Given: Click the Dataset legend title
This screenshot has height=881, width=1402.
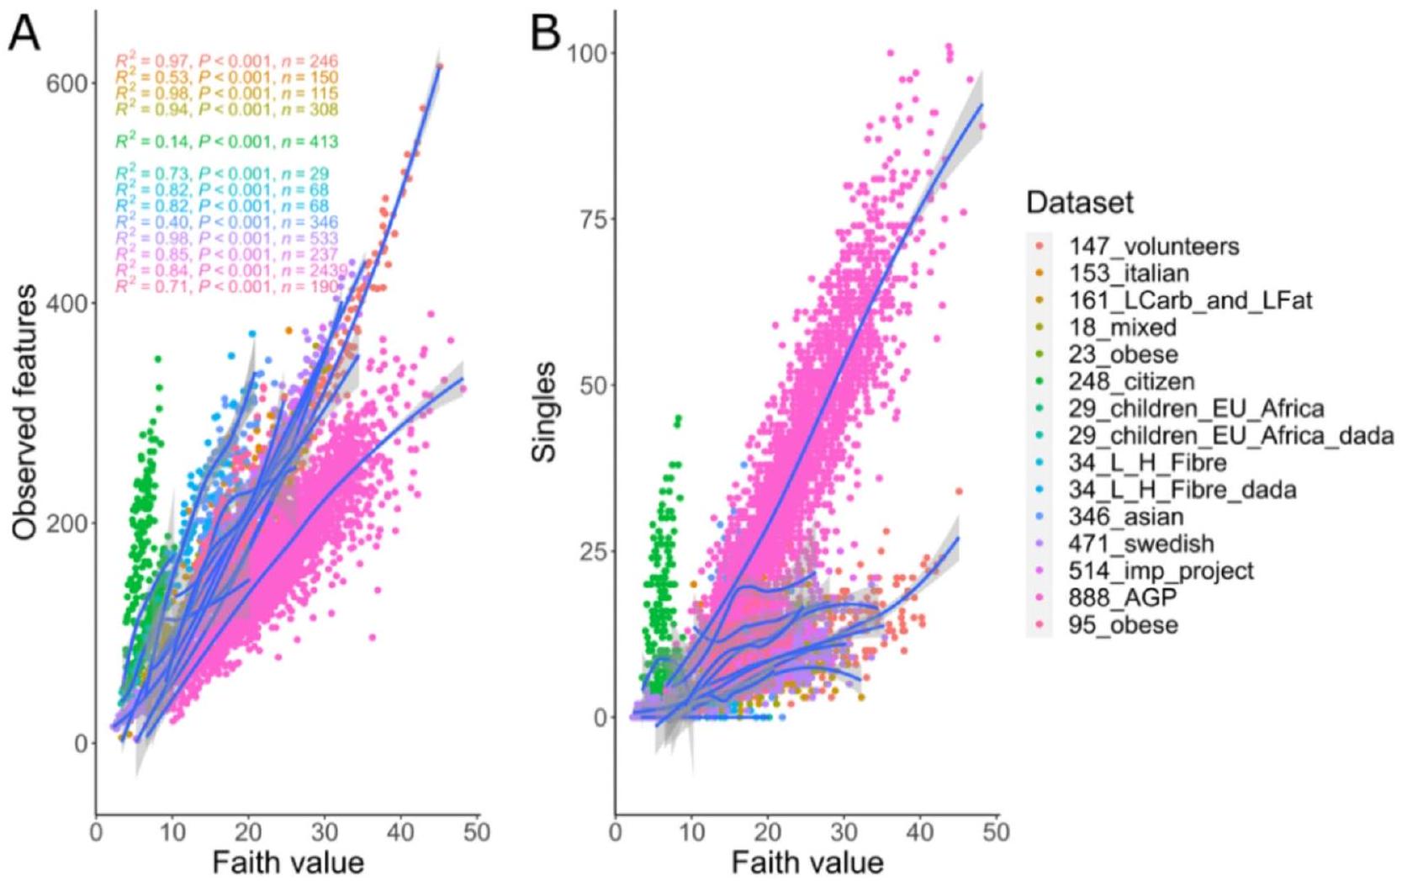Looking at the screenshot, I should (1080, 203).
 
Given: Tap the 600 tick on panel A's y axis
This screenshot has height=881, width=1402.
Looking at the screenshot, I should (70, 82).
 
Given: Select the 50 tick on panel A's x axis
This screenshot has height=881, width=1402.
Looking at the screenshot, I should (477, 831).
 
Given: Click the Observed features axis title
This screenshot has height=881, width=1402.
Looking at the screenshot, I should (25, 412).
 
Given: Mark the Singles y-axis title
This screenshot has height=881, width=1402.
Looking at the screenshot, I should (545, 412).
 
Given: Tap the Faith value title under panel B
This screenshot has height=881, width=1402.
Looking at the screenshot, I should (807, 862).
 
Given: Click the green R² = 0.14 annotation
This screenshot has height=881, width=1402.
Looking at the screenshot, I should (226, 141).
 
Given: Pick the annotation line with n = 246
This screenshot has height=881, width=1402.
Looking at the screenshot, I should (226, 61).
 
